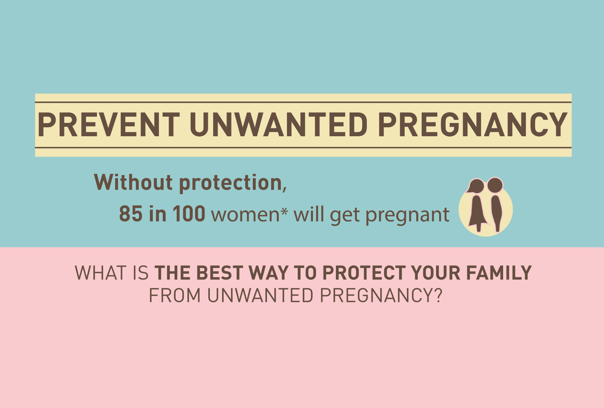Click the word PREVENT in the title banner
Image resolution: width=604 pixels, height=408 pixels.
pos(109,125)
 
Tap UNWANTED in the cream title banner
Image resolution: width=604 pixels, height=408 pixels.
pos(278,125)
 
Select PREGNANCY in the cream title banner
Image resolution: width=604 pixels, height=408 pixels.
pos(473,125)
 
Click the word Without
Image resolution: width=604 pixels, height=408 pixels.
pos(133,182)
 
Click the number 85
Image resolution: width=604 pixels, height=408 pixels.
pos(131,214)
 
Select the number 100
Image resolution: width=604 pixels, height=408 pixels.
pos(189,214)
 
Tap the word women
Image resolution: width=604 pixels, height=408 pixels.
pos(245,215)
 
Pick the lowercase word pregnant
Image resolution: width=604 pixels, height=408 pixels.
pos(407,216)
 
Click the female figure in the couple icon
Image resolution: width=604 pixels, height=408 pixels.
pos(476,205)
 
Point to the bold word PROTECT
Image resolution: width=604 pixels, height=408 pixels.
pos(364,273)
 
